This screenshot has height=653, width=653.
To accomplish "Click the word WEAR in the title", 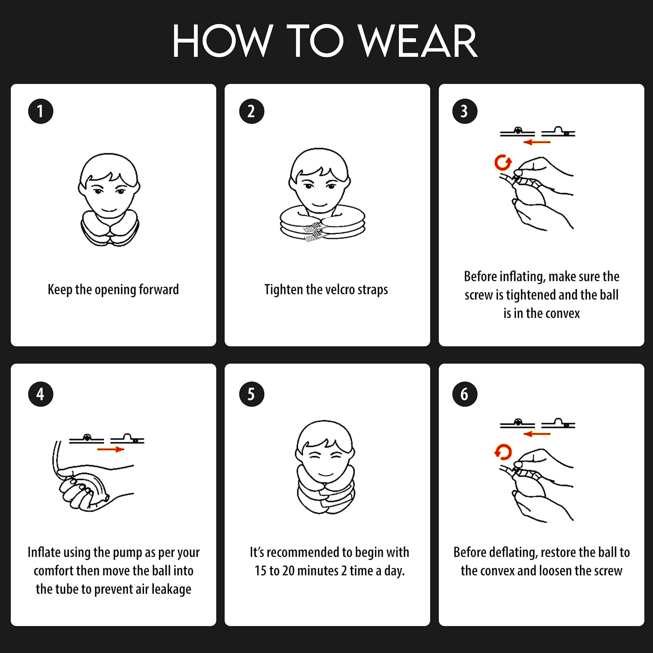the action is click(418, 41).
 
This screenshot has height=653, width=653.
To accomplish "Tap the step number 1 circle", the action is click(40, 111).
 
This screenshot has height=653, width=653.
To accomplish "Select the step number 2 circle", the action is click(252, 111).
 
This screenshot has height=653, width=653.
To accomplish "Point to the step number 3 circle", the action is click(465, 111).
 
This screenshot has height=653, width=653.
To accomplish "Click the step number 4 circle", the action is click(40, 394).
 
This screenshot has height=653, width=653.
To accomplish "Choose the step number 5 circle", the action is click(252, 394).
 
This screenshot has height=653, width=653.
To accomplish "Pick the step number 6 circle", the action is click(465, 394).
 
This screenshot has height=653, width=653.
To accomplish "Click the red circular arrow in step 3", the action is click(503, 162).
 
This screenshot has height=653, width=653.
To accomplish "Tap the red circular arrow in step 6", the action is click(503, 452).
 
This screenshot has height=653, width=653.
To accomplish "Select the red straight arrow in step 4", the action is click(111, 449).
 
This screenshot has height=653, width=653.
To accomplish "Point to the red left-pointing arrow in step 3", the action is click(537, 142).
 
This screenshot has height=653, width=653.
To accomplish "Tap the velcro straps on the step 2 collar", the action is click(314, 232).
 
